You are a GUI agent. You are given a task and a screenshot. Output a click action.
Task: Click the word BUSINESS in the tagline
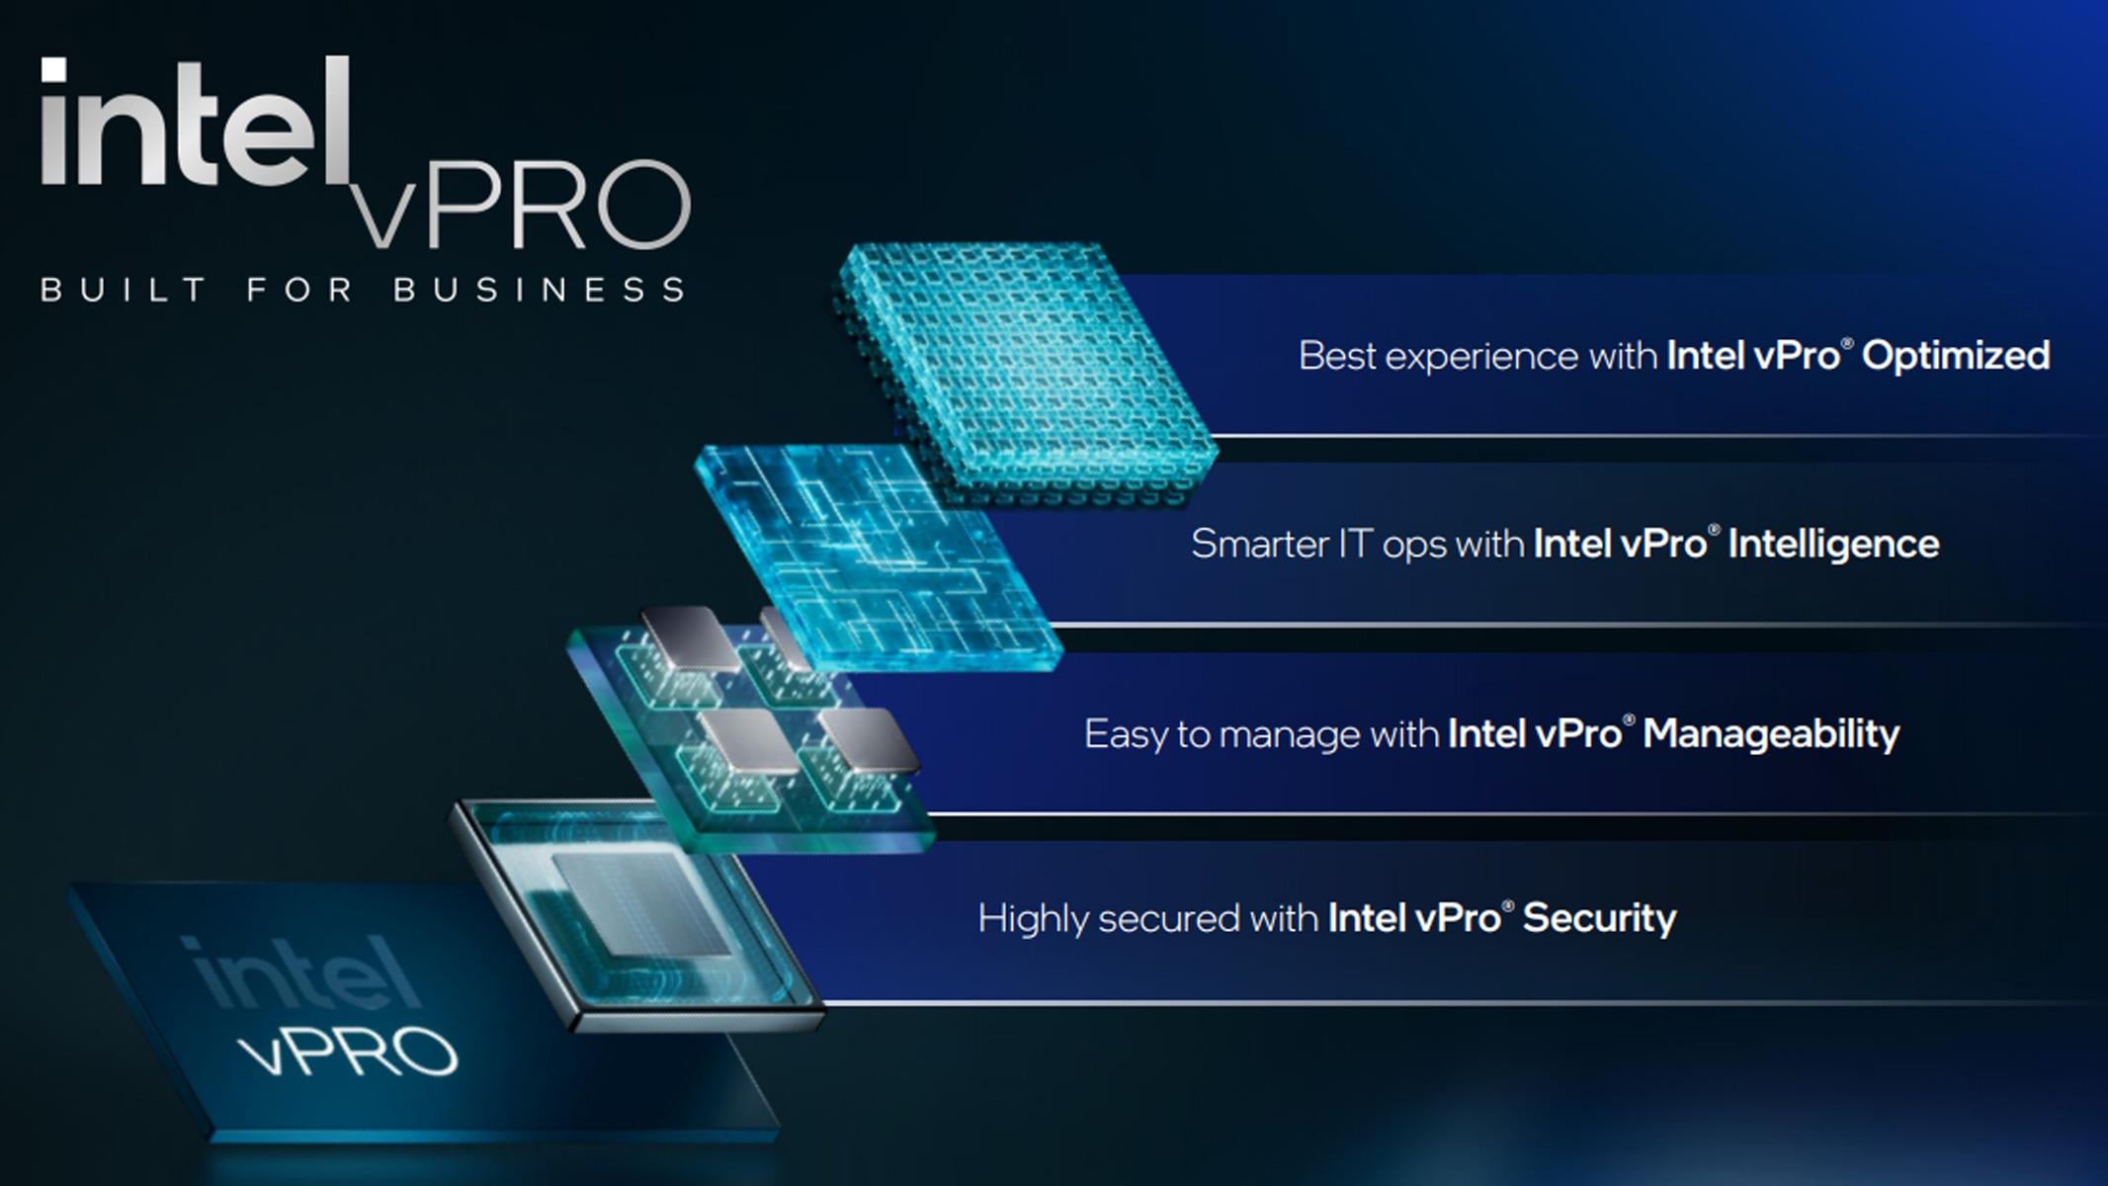[x=539, y=290]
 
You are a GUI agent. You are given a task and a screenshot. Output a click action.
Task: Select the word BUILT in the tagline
[x=123, y=290]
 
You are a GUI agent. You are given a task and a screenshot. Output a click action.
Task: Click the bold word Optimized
[x=1955, y=356]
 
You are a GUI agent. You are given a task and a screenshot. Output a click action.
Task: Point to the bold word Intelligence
[x=1833, y=545]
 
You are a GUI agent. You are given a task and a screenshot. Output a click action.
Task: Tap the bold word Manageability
[x=1770, y=734]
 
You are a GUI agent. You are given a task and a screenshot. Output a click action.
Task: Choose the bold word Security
[x=1599, y=918]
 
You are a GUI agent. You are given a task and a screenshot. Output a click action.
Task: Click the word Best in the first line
[x=1337, y=356]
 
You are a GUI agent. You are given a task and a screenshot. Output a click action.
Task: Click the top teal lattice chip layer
[x=1023, y=371]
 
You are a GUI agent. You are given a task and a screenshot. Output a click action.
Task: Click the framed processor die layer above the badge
[x=632, y=914]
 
